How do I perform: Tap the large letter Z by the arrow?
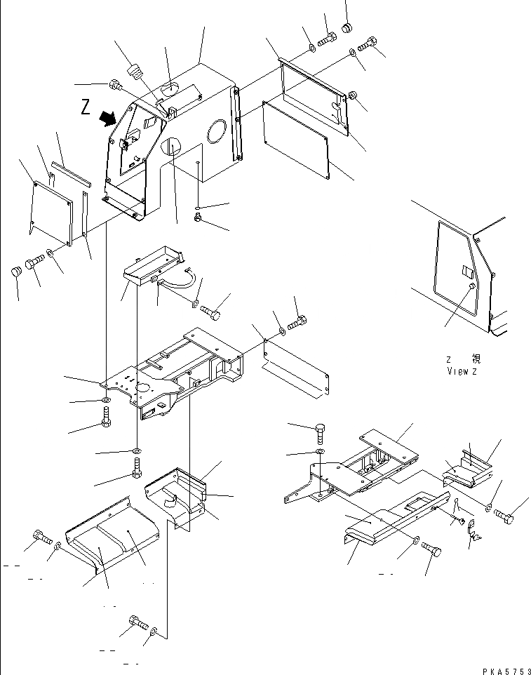[86, 107]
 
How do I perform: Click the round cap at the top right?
[346, 29]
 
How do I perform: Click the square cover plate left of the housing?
[52, 211]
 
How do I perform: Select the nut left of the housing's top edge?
[115, 86]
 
